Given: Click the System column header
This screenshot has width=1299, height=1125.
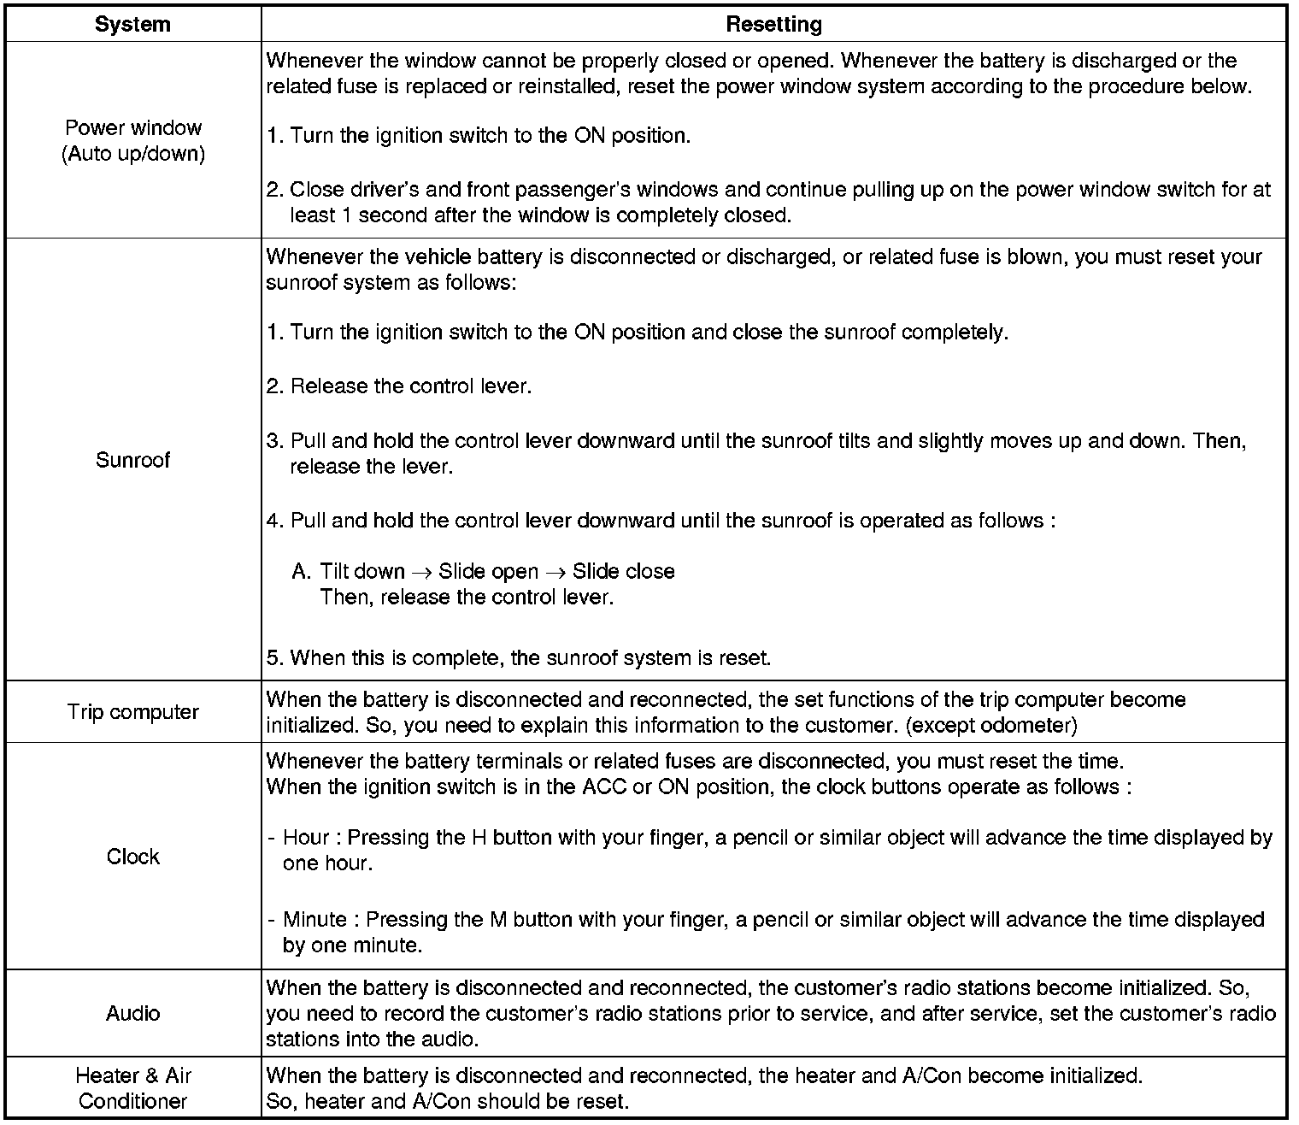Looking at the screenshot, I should pos(132,24).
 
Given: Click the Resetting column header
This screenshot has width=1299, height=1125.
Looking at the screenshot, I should pos(773,24).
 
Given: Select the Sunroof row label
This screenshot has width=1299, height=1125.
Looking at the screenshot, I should pos(132,460).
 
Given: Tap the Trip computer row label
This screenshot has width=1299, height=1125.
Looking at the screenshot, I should pos(132,712).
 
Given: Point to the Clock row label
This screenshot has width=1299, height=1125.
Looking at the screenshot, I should pos(132,857).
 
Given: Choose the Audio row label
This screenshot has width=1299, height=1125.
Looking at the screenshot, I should pos(132,1013).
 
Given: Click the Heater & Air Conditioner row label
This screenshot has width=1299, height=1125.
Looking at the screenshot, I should pos(132,1087).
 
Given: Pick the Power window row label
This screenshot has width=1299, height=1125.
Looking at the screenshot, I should pos(132,140).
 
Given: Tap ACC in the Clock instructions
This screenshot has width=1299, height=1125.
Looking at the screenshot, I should pos(603,786).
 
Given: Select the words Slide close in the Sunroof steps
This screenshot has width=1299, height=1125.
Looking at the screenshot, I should pos(623,571).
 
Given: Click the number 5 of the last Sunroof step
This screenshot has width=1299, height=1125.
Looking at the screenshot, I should pos(273,658).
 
